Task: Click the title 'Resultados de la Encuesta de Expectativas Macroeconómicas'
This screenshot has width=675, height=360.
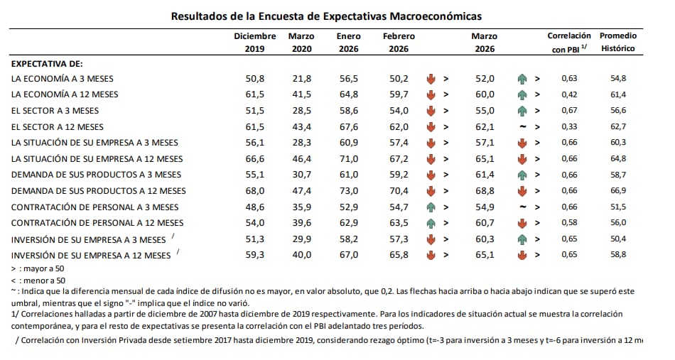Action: pyautogui.click(x=326, y=16)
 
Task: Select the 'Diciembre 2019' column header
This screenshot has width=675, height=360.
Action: pyautogui.click(x=255, y=43)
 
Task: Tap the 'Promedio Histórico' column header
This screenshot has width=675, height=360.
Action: pyautogui.click(x=617, y=43)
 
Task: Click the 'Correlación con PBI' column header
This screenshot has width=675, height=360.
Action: pyautogui.click(x=569, y=43)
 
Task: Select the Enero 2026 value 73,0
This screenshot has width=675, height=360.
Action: pyautogui.click(x=348, y=191)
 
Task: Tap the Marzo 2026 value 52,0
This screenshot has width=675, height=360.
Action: pyautogui.click(x=485, y=78)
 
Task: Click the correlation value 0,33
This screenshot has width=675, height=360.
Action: pyautogui.click(x=570, y=126)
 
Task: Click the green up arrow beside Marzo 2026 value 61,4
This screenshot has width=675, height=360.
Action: pyautogui.click(x=522, y=175)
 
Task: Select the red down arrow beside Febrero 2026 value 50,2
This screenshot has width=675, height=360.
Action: pyautogui.click(x=431, y=78)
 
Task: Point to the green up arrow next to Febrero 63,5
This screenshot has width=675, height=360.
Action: pyautogui.click(x=431, y=223)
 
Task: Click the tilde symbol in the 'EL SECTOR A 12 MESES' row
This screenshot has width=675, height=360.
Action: pyautogui.click(x=522, y=126)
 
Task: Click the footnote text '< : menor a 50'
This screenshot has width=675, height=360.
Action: pyautogui.click(x=39, y=280)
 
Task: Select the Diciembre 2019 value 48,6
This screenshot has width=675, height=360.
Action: pyautogui.click(x=255, y=207)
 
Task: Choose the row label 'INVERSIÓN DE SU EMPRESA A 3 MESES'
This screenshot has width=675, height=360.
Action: pyautogui.click(x=89, y=239)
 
